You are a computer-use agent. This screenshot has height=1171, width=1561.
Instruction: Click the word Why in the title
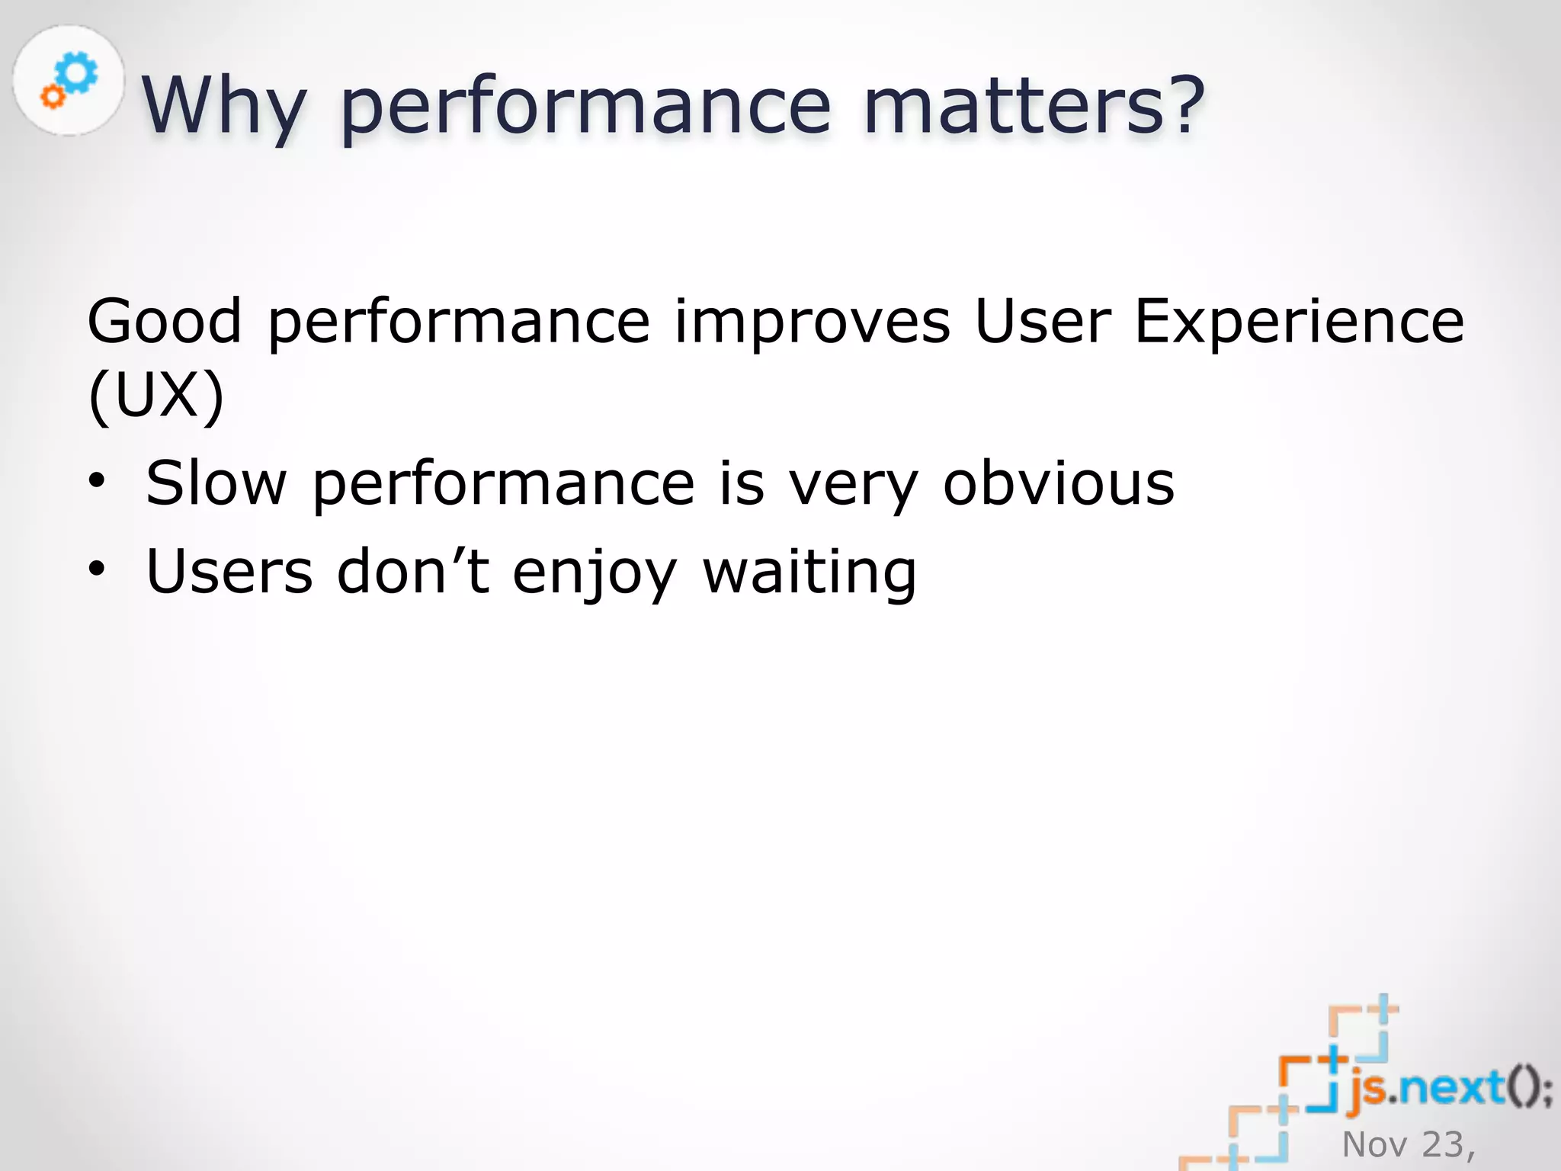click(224, 107)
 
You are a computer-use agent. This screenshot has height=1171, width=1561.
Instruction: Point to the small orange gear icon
click(53, 97)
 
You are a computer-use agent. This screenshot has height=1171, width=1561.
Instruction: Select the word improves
click(813, 322)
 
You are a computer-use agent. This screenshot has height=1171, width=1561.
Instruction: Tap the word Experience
click(1299, 322)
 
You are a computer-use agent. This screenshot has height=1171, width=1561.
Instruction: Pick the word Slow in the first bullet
click(216, 483)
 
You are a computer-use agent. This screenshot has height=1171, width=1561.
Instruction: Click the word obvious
click(1059, 483)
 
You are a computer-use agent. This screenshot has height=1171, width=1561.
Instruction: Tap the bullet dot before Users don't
click(96, 569)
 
